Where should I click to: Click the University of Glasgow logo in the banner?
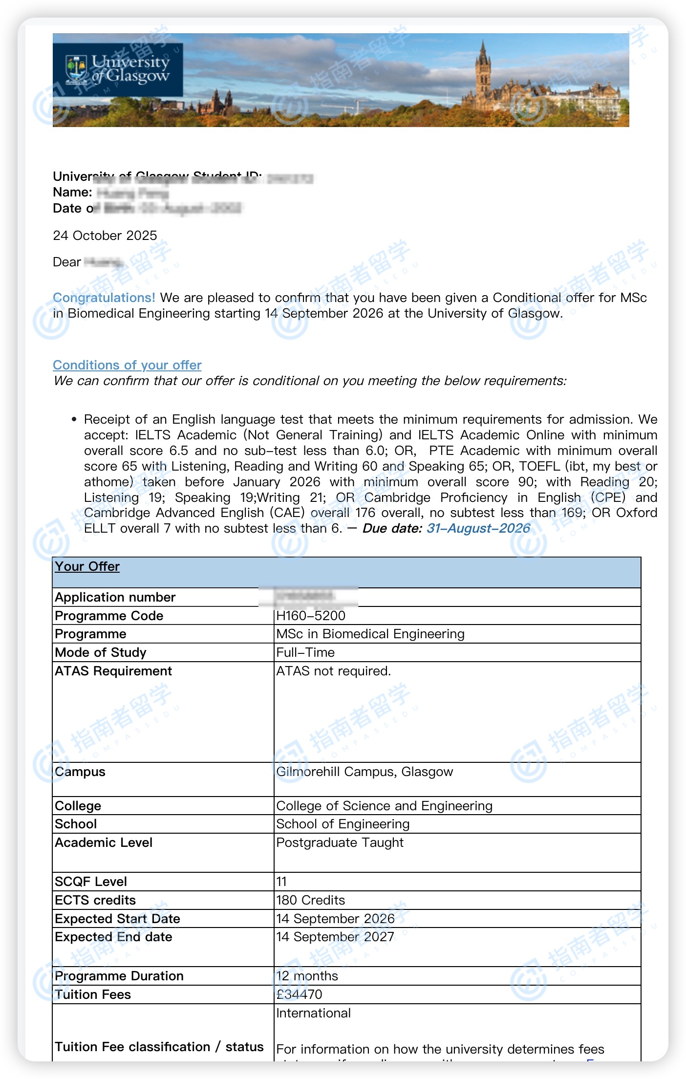click(118, 69)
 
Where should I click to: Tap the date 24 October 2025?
click(105, 236)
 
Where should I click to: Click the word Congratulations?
click(104, 298)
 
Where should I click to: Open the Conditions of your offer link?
click(127, 365)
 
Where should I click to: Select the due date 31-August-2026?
click(478, 528)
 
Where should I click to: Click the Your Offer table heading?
click(87, 566)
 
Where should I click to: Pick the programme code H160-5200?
click(311, 616)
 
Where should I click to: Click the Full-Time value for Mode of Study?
click(305, 652)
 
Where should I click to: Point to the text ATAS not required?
click(334, 671)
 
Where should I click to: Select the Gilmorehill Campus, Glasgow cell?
click(364, 772)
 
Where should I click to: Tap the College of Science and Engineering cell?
click(384, 806)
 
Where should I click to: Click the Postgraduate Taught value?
click(340, 842)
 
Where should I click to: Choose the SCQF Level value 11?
click(281, 882)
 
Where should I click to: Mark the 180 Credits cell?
click(311, 900)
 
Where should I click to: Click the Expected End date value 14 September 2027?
click(335, 937)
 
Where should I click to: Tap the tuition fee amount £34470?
click(300, 994)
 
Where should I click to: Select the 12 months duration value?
click(307, 976)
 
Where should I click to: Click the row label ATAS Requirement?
click(113, 671)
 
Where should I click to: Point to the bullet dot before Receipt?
click(74, 419)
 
